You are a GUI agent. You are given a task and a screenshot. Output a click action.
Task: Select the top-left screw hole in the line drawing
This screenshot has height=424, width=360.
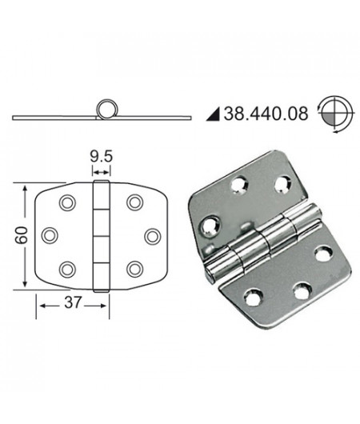(x=68, y=202)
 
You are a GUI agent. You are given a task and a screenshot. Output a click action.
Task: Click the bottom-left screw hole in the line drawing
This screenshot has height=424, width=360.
(x=68, y=269)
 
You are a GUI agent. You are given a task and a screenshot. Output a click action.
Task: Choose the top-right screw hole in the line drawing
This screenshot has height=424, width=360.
(x=134, y=202)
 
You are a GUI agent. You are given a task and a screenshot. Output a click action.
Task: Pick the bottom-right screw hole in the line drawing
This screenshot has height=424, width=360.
(x=134, y=269)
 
